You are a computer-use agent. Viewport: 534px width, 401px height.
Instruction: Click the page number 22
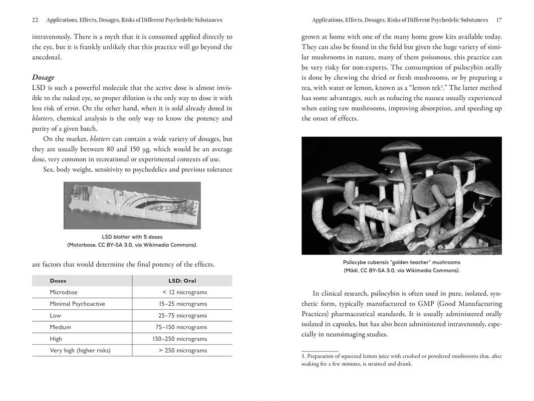pyautogui.click(x=35, y=20)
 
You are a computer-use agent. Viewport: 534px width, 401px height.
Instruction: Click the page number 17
pyautogui.click(x=498, y=20)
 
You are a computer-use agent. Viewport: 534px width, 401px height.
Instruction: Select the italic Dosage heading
pyautogui.click(x=43, y=77)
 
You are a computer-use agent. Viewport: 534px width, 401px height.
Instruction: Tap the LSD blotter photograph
pyautogui.click(x=132, y=205)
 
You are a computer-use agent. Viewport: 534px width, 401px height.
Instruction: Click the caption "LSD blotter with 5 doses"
pyautogui.click(x=132, y=237)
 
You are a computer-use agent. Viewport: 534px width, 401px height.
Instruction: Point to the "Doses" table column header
pyautogui.click(x=58, y=281)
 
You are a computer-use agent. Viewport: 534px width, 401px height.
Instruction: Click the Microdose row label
pyautogui.click(x=64, y=292)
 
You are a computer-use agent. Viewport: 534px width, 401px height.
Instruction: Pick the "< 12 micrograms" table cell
pyautogui.click(x=184, y=292)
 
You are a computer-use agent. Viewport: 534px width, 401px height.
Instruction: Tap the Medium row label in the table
pyautogui.click(x=60, y=327)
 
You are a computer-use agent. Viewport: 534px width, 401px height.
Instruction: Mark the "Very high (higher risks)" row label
pyautogui.click(x=80, y=350)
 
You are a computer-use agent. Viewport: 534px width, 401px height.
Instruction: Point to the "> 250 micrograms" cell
pyautogui.click(x=182, y=350)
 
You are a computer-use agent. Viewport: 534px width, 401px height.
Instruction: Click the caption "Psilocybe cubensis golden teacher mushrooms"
pyautogui.click(x=401, y=262)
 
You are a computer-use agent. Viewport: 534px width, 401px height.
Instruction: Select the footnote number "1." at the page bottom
pyautogui.click(x=304, y=356)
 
